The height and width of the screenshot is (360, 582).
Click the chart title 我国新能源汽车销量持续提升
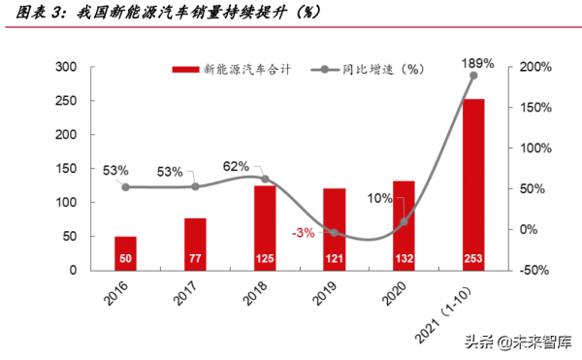click(x=175, y=14)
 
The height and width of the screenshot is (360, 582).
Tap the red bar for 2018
click(x=265, y=227)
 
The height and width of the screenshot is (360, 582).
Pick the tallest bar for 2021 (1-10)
click(x=473, y=184)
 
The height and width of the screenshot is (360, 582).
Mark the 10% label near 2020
click(x=380, y=199)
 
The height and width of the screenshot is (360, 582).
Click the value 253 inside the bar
click(x=473, y=258)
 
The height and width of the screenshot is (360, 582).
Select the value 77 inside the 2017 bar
click(x=195, y=258)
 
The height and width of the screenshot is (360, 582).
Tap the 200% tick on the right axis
click(x=535, y=67)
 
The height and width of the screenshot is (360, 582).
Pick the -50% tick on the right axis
click(x=534, y=270)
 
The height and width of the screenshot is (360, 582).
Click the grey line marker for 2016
click(x=125, y=186)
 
